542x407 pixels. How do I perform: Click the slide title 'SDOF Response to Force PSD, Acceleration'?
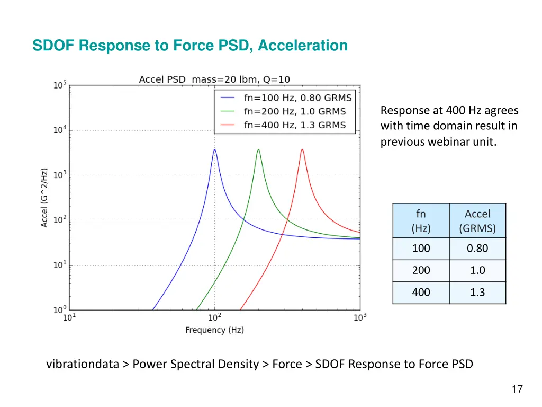(x=190, y=46)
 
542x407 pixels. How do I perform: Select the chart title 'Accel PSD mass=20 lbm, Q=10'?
(x=214, y=79)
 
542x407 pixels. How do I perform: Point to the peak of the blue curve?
(x=214, y=149)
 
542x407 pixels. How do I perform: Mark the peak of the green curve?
(x=258, y=149)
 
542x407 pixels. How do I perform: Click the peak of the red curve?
(x=302, y=149)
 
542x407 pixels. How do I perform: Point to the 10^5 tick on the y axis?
(x=60, y=85)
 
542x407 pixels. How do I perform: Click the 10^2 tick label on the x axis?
(x=214, y=317)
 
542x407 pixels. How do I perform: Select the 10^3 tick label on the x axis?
(x=359, y=317)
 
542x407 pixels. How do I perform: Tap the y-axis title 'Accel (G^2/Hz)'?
(x=45, y=198)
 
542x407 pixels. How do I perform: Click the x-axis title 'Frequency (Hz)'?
(x=214, y=330)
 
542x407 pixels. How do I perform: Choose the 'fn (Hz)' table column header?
(x=421, y=221)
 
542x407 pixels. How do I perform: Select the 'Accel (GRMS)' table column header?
(x=477, y=221)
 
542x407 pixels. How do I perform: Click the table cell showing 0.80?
(x=477, y=249)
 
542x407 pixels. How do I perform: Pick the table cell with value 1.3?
(x=477, y=292)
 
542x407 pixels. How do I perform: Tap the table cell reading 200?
(x=421, y=270)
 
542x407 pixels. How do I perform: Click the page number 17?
(x=517, y=390)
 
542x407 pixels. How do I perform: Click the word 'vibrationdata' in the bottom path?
(x=82, y=364)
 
